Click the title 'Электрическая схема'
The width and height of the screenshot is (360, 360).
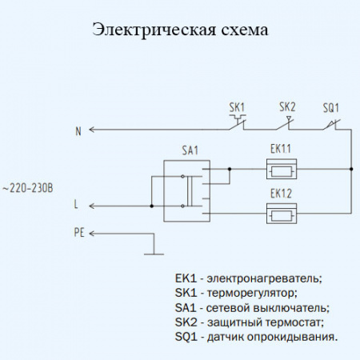coord(180,30)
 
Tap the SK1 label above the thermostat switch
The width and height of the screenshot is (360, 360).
coord(237,106)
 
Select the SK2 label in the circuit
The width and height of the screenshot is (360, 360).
coord(287,106)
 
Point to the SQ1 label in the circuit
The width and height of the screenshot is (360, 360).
coord(331,106)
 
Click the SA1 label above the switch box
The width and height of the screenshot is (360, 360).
coord(190,150)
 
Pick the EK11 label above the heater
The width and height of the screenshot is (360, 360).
coord(280,150)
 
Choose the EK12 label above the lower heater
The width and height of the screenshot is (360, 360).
coord(280,193)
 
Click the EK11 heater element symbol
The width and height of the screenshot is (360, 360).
coord(281,169)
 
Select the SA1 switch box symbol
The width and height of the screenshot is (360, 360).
coord(186,190)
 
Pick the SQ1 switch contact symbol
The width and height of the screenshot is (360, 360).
coord(331,124)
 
